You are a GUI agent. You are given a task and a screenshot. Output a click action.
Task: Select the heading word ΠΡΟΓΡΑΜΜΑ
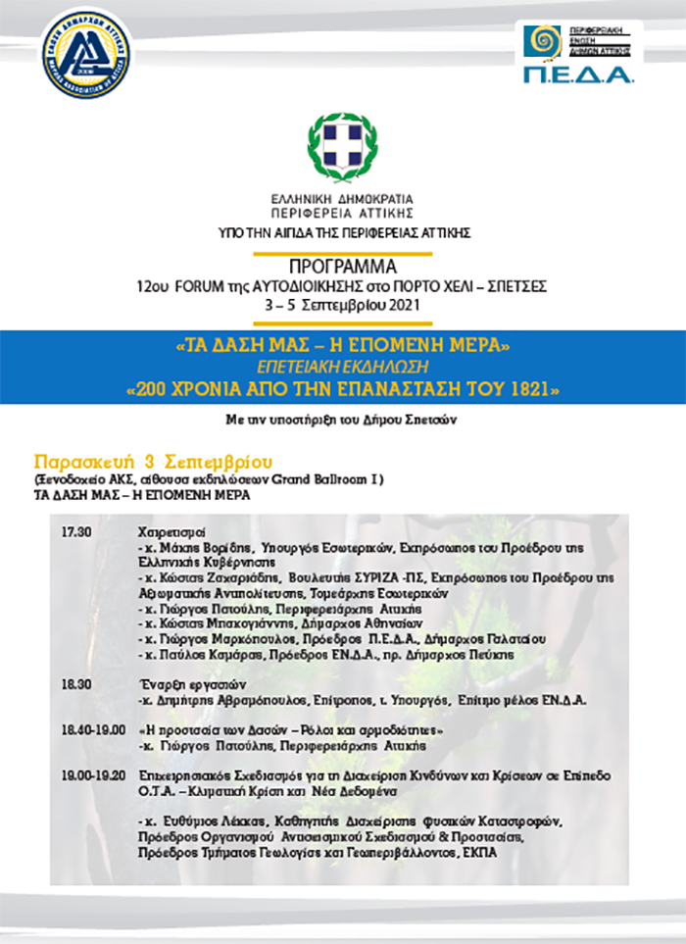tap(342, 267)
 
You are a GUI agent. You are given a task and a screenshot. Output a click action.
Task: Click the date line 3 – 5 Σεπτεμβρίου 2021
tap(342, 305)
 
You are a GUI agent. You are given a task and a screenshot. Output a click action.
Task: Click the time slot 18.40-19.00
tap(93, 729)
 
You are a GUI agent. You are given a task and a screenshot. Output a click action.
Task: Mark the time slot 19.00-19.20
tap(93, 775)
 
